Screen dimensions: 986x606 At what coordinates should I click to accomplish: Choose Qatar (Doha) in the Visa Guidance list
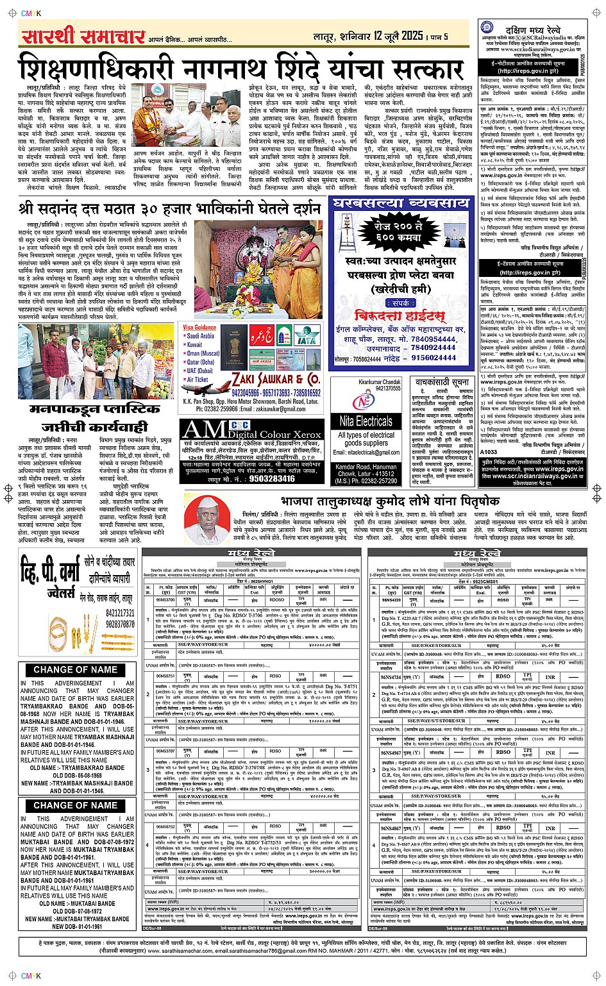point(200,362)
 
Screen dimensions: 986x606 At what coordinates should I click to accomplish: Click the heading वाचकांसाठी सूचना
point(442,382)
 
